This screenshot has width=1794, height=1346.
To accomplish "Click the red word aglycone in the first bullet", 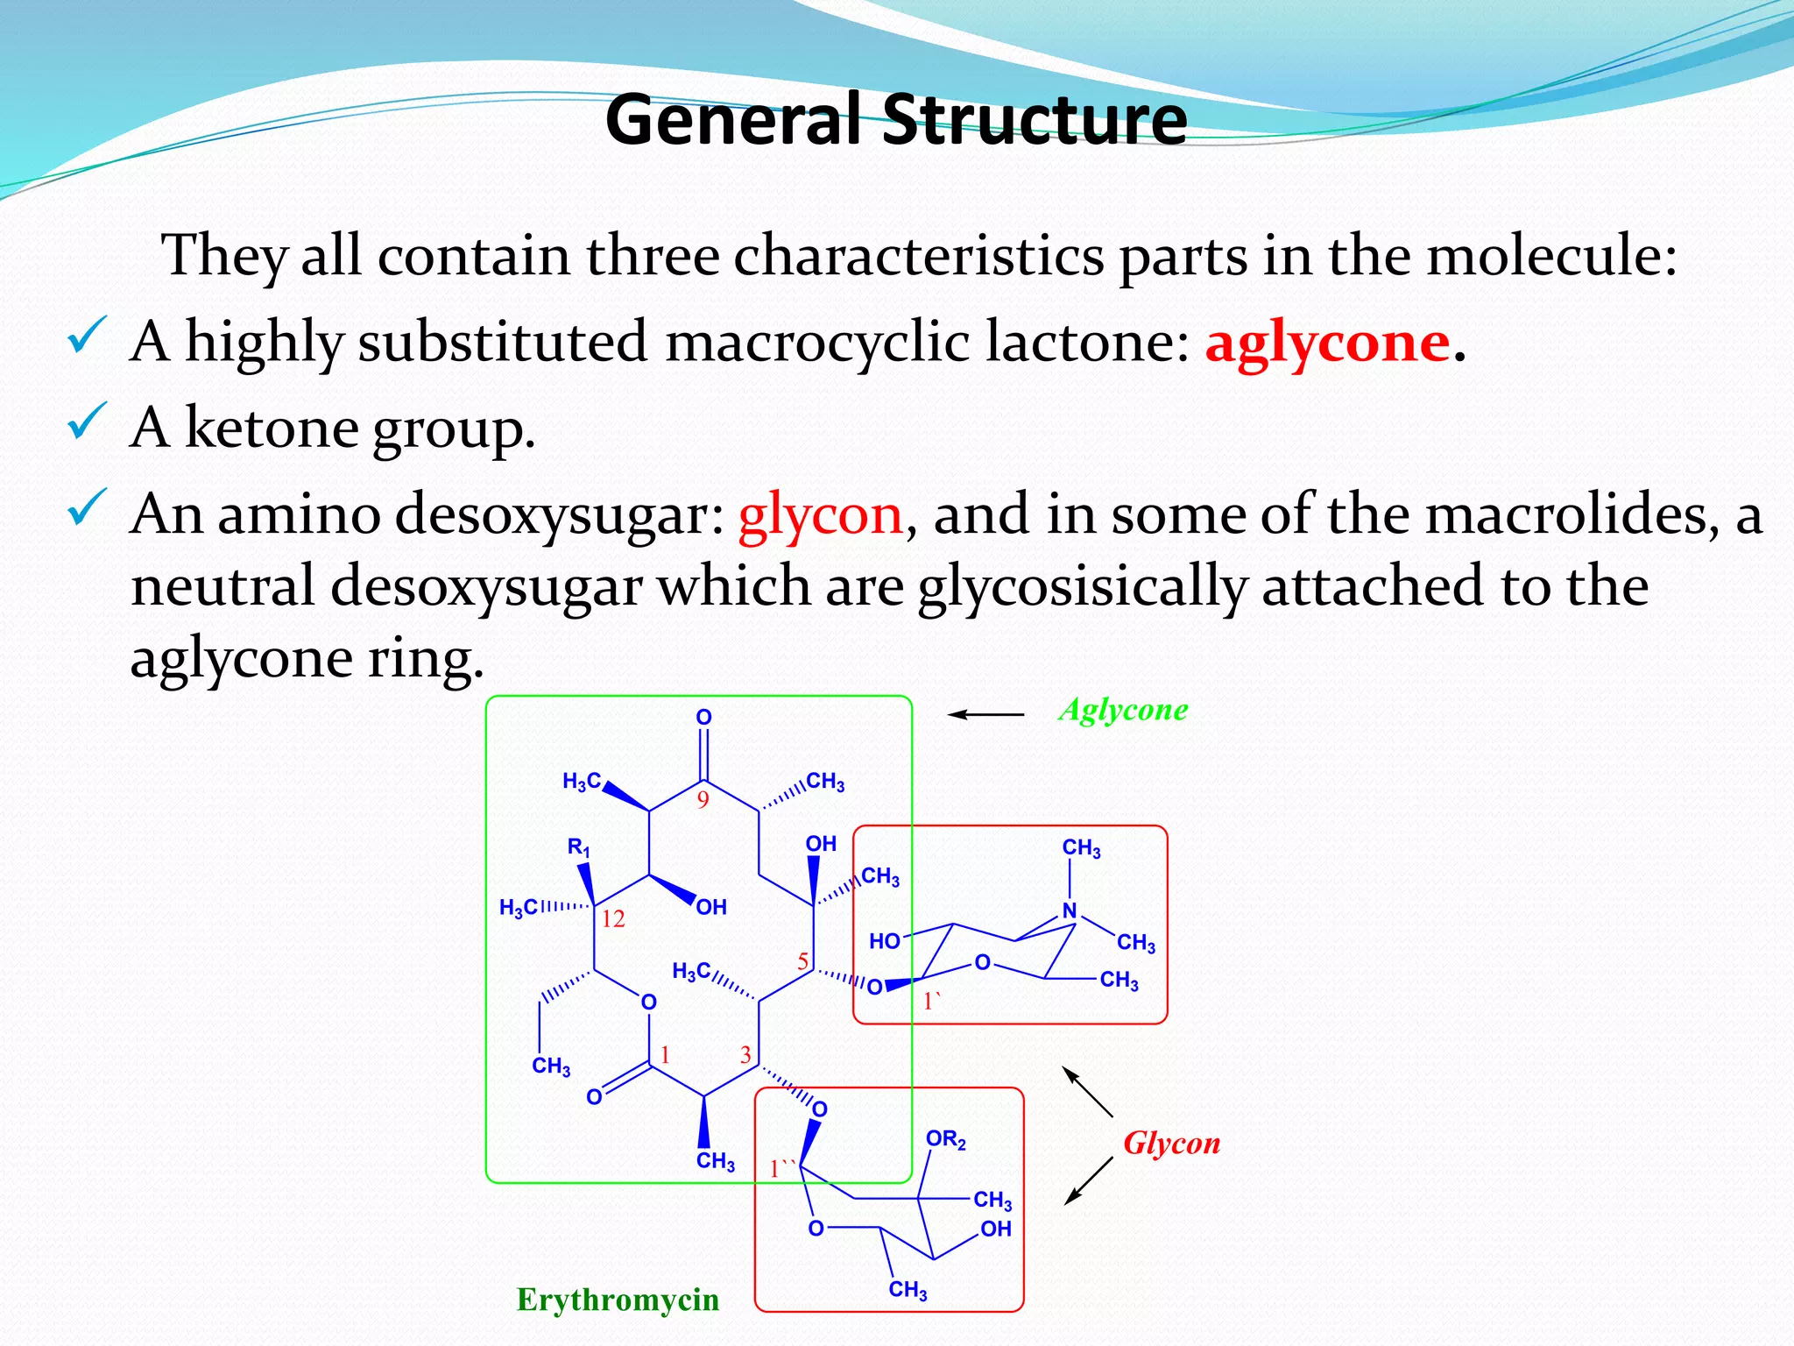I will click(x=1326, y=342).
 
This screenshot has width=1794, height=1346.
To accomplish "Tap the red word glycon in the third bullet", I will click(x=820, y=514).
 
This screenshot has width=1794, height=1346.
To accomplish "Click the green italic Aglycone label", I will click(x=1124, y=710).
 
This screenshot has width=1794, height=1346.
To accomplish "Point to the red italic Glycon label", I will click(x=1172, y=1144).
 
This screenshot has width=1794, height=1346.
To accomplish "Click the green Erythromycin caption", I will click(x=618, y=1300).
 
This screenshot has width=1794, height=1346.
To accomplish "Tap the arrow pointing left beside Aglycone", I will click(x=985, y=715).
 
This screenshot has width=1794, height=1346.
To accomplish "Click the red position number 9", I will click(x=703, y=799).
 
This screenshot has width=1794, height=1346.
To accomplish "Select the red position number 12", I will click(x=613, y=918).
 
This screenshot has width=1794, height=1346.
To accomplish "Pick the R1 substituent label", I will click(x=579, y=847).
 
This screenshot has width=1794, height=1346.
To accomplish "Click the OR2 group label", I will click(x=946, y=1140).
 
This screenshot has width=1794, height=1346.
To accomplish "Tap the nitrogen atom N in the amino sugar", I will click(x=1070, y=910).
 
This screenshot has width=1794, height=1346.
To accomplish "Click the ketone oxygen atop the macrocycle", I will click(x=703, y=718).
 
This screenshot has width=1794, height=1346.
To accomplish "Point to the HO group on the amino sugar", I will click(x=885, y=941).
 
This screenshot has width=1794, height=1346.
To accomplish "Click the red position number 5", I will click(x=802, y=961).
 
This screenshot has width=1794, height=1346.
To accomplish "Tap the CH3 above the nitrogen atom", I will click(x=1081, y=848).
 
